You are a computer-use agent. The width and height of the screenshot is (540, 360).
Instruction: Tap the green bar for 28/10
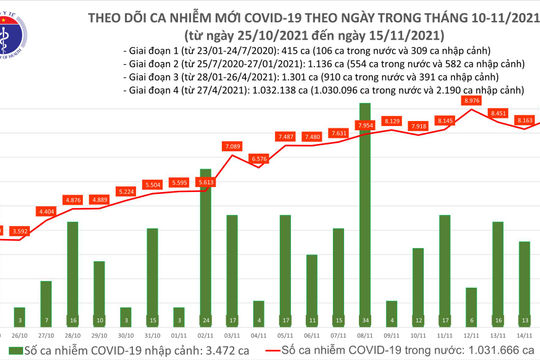click(73, 270)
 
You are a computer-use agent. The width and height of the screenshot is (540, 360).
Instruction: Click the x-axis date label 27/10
click(47, 336)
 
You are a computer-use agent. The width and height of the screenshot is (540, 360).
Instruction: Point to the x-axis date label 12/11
click(471, 336)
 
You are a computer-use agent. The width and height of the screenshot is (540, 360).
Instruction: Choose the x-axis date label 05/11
click(285, 336)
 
